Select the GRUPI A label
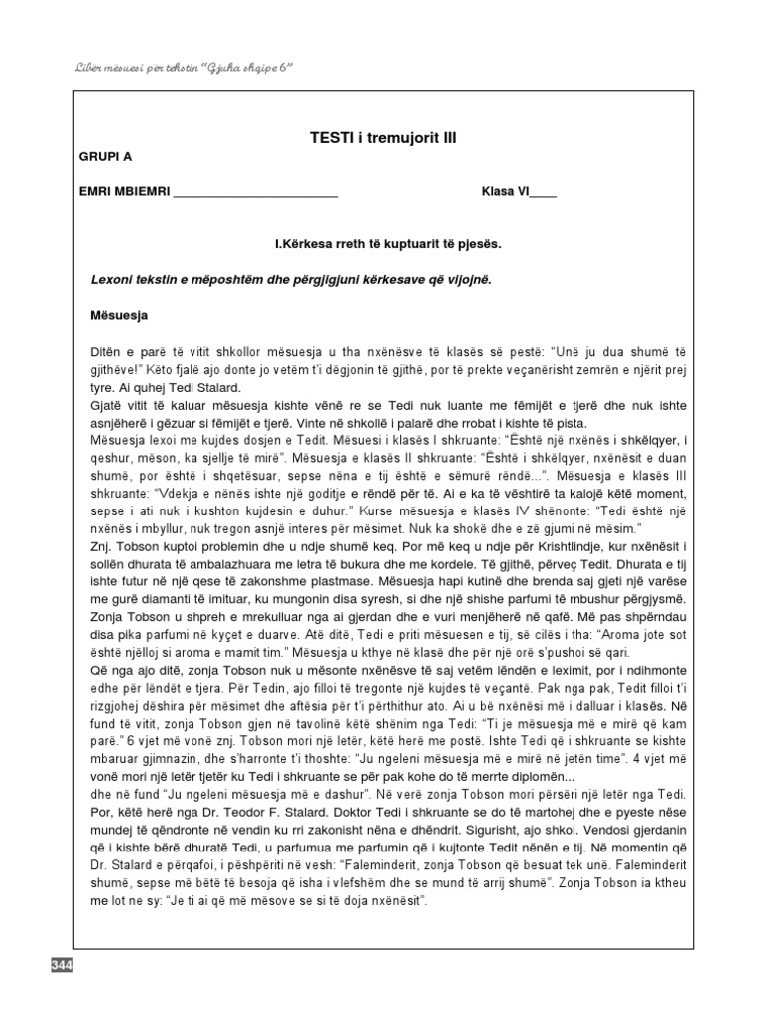(104, 157)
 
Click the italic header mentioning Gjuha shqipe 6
(185, 66)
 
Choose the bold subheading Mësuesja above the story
(119, 316)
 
